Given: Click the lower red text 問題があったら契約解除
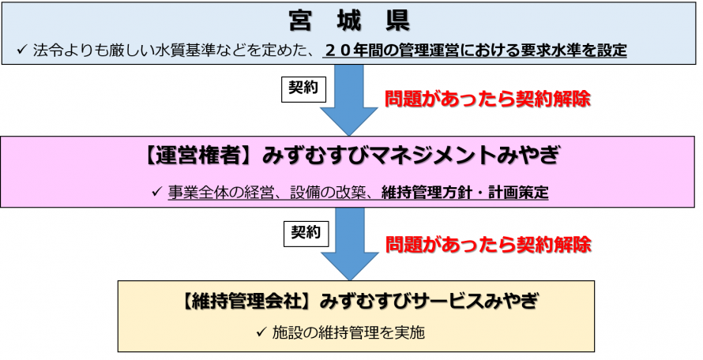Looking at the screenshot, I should (x=487, y=244).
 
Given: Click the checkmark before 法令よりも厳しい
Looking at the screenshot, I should (x=22, y=50).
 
